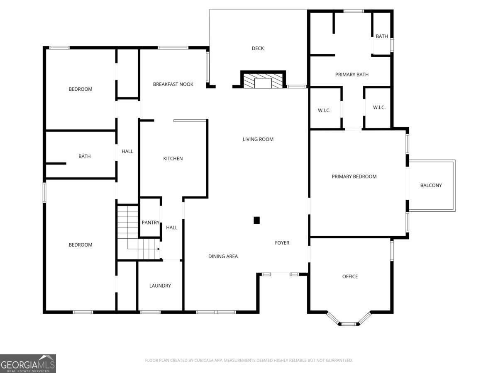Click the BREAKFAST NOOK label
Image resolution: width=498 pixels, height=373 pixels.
click(173, 84)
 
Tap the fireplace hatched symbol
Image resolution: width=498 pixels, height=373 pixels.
click(263, 81)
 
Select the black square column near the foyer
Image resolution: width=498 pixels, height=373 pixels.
click(256, 220)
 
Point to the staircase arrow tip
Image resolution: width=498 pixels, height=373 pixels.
click(159, 249)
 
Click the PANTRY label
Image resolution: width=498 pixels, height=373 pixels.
click(150, 223)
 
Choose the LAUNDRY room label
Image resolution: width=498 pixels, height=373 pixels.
click(160, 286)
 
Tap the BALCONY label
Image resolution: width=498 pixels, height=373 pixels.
click(431, 185)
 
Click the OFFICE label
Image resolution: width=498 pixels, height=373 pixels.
click(350, 276)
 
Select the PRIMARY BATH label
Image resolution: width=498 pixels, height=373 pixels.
click(352, 75)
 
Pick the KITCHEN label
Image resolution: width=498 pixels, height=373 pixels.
click(173, 159)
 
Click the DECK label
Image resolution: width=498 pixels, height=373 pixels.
click(258, 48)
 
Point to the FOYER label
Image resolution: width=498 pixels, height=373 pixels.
click(282, 243)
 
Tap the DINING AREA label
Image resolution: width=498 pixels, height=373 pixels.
click(223, 256)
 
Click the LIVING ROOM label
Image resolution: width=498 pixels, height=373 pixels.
click(258, 139)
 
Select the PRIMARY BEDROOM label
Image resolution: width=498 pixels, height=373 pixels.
click(354, 177)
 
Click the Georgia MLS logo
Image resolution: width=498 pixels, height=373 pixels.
click(28, 363)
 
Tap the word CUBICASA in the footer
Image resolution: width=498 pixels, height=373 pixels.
click(203, 360)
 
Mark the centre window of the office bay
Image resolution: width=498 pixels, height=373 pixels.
click(349, 324)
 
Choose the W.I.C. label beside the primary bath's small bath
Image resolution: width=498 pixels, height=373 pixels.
click(379, 107)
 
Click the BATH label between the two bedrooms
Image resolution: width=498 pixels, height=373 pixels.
click(84, 156)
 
